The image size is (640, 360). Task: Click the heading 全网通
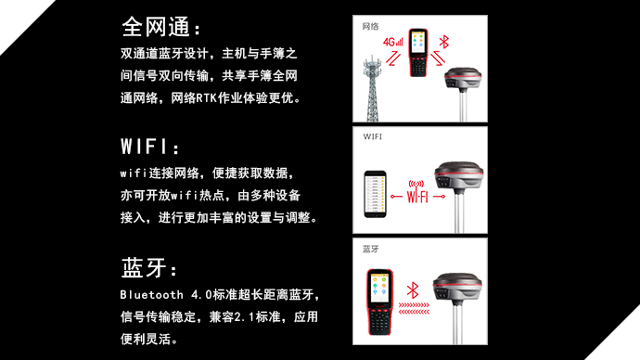click(x=157, y=27)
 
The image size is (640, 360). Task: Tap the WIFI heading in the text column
click(x=144, y=146)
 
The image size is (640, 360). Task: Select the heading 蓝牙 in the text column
click(x=144, y=268)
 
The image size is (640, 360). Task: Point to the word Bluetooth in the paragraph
click(x=151, y=295)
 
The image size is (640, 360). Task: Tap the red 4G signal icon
click(x=392, y=42)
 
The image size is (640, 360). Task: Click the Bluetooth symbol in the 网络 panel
click(x=444, y=42)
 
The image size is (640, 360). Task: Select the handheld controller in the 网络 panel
click(x=418, y=53)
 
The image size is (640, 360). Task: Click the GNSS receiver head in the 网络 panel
click(x=463, y=78)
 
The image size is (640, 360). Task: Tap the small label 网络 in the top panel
click(x=370, y=27)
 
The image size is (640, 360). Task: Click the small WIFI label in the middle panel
click(x=373, y=136)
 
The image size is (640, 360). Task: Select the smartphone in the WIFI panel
click(x=375, y=194)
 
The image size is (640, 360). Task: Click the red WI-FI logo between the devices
click(x=417, y=192)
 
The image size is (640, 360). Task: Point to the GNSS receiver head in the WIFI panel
click(x=459, y=176)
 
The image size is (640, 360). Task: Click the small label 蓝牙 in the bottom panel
click(x=371, y=249)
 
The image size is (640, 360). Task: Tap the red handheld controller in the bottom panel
click(x=379, y=302)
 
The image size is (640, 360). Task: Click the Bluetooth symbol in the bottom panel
click(x=413, y=289)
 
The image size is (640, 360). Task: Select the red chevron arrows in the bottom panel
click(x=414, y=309)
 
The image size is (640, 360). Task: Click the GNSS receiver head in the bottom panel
click(x=457, y=288)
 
